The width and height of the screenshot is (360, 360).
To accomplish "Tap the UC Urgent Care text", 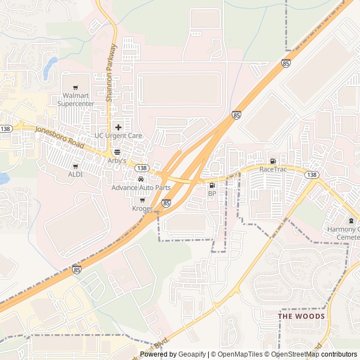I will [118, 136].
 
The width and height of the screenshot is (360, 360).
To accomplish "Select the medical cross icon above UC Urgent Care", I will [118, 127].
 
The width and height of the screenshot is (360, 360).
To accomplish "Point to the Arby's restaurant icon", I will [117, 152].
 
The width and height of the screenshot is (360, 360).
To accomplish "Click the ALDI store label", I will [75, 174].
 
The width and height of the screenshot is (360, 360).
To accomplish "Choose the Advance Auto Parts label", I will [141, 187].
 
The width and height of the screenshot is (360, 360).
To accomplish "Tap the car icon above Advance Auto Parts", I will [141, 179].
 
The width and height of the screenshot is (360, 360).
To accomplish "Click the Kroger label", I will [142, 209].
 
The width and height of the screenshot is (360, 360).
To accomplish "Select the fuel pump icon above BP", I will [212, 186].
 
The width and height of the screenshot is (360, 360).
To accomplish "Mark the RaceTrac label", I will [273, 169].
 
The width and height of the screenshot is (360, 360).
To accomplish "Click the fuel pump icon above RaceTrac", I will [273, 161].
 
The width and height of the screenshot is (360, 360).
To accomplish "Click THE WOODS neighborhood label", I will [301, 316].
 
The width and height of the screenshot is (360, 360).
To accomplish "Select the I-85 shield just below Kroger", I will [166, 202].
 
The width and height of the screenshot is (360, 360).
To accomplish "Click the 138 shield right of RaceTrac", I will [312, 175].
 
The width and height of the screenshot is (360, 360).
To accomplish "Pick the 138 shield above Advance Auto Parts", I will [142, 168].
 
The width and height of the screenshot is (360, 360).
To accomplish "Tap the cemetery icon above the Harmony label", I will [352, 220].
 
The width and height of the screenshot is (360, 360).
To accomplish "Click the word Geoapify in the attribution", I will [192, 354].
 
